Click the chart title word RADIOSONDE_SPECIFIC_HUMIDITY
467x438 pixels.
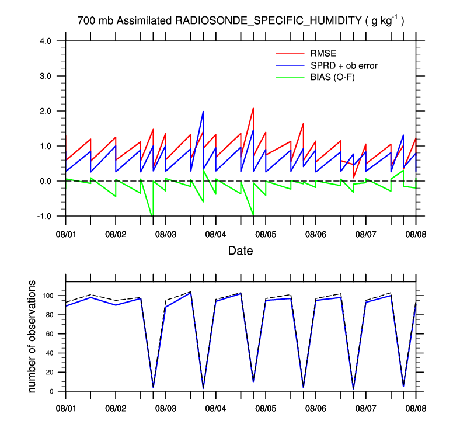tap(269, 21)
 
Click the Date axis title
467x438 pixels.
tap(241, 251)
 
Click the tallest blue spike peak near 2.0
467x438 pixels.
tap(203, 112)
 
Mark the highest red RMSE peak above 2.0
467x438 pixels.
tap(253, 108)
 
